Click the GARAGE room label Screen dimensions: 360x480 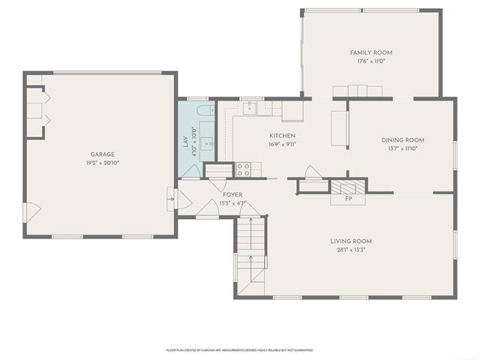pyautogui.click(x=102, y=153)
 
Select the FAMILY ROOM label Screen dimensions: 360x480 pyautogui.click(x=371, y=52)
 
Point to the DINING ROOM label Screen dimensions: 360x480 pyautogui.click(x=403, y=139)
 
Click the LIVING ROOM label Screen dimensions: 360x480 pyautogui.click(x=351, y=241)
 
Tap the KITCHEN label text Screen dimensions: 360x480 pyautogui.click(x=283, y=136)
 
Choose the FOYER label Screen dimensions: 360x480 pyautogui.click(x=232, y=194)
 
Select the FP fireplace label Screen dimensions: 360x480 pyautogui.click(x=349, y=199)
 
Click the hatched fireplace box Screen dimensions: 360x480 pyautogui.click(x=349, y=187)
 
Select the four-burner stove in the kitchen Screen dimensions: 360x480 pyautogui.click(x=244, y=169)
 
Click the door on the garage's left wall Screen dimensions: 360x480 pyautogui.click(x=28, y=211)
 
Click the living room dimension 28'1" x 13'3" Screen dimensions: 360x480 pyautogui.click(x=351, y=250)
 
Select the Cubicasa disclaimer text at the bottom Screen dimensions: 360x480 pyautogui.click(x=239, y=349)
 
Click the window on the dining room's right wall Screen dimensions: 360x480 pyautogui.click(x=455, y=153)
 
